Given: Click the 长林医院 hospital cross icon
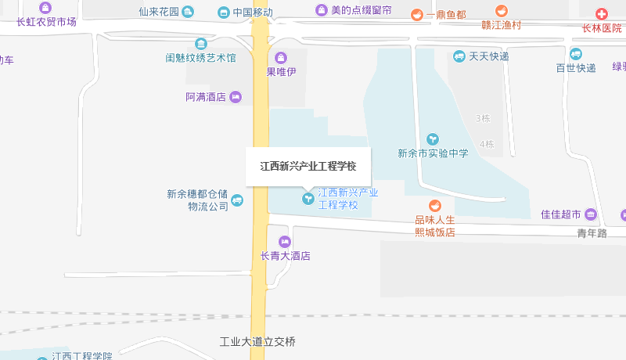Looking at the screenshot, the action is pos(602,14).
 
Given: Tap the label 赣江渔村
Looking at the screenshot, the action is pos(501,26).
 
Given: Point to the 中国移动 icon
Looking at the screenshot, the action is pos(224,13).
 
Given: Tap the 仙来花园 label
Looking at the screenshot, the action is pos(159,12).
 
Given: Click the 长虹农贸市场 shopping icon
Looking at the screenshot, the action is pos(45,8).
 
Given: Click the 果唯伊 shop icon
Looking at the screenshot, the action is pos(281,58).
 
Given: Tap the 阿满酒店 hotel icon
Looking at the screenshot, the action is pos(236,97).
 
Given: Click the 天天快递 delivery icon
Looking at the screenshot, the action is pos(459,56).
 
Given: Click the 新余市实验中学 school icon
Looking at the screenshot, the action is pos(433,139).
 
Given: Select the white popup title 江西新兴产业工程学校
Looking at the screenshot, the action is pos(308,166).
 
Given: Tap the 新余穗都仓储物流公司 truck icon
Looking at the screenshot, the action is pos(237,200).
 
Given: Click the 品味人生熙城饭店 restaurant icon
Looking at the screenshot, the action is pos(434,205).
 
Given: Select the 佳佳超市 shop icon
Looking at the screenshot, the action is pos(591,214).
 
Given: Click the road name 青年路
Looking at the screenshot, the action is pos(592,233).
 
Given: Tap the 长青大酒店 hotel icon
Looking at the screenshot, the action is pos(285,241).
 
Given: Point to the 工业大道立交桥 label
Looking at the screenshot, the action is pos(257,342).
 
